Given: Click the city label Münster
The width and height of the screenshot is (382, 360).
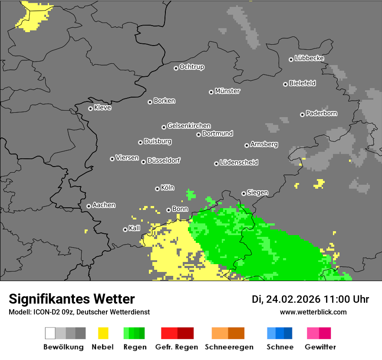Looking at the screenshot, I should point(227,91).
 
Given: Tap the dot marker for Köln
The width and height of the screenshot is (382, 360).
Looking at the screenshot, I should point(157,189).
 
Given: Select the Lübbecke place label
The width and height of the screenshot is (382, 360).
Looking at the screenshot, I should point(309,58).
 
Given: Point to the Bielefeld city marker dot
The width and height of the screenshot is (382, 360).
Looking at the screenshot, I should point(286,84).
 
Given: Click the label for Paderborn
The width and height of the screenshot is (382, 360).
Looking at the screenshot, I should point(321,113).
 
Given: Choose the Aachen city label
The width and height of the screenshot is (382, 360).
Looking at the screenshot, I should point(104,205).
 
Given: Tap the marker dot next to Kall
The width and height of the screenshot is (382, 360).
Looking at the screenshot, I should point(125,229).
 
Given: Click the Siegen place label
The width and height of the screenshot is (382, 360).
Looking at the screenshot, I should point(257,193).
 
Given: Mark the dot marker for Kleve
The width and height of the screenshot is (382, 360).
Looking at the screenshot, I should point(90,108).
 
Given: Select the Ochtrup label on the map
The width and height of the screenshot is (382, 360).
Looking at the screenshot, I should point(191,67).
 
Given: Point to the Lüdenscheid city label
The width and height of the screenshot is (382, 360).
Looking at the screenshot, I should point(239,163).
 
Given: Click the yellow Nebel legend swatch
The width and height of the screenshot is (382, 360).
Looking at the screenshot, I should point(103,333).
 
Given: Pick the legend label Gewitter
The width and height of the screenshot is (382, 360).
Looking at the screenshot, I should point(320,347).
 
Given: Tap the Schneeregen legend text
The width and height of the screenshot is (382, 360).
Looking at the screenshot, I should point(228,347).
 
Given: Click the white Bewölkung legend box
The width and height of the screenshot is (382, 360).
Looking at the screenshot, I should point(50,333).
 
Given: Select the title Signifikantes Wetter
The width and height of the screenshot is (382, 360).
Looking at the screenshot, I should point(72,299).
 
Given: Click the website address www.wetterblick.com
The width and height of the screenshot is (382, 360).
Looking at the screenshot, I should point(313,312).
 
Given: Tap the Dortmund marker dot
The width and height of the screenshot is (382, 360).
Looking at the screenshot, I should point(198,134).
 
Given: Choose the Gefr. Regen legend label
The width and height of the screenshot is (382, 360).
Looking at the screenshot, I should point(177,347).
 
